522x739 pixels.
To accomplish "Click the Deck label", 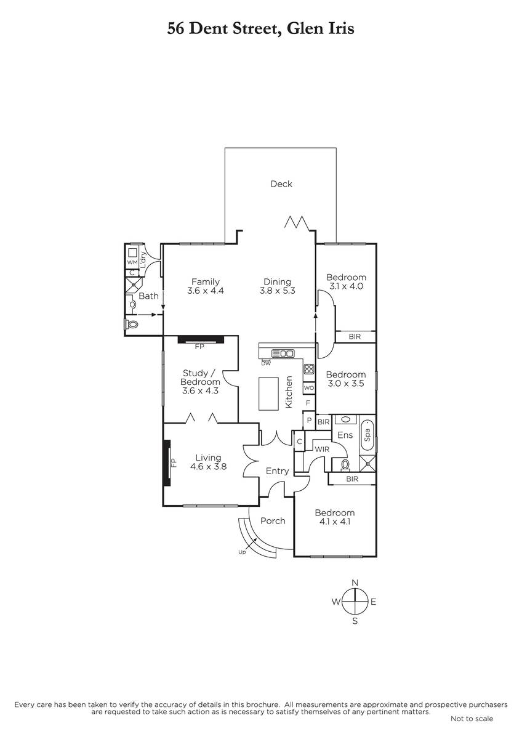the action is point(281,184).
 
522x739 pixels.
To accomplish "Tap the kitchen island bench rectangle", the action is point(268,394).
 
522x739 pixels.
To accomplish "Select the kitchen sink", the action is point(283,353).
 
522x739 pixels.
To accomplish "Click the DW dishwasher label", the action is point(266,363).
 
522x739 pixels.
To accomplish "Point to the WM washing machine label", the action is point(132,262).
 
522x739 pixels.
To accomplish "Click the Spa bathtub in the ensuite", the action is point(367,435).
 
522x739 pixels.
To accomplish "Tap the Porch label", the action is point(273,520).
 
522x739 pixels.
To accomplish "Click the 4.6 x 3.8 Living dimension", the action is point(208,467).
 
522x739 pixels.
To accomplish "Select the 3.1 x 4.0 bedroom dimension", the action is point(346,286).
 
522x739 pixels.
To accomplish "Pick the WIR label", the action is point(322,450).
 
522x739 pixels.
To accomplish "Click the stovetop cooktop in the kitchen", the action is point(308,369).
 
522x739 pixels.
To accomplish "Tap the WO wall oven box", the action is point(308,387).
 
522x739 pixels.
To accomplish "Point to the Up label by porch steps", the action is point(242,552).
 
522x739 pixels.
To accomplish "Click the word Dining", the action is point(277,282).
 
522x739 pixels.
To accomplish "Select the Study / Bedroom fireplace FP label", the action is point(199,346).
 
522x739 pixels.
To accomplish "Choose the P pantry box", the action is point(309,420).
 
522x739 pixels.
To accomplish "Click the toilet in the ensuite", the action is point(345,464).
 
